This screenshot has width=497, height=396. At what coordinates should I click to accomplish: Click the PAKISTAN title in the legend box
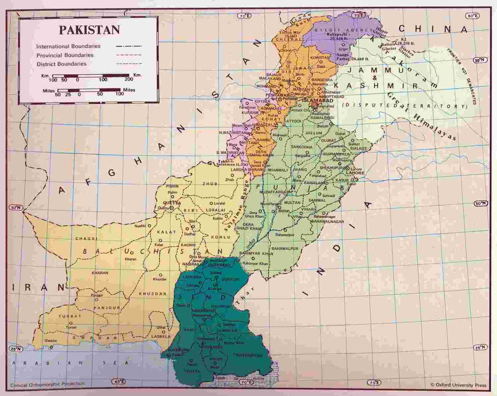pyautogui.click(x=89, y=30)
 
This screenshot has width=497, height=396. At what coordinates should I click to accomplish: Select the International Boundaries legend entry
pyautogui.click(x=68, y=46)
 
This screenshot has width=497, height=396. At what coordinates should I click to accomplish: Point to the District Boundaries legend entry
pyautogui.click(x=61, y=64)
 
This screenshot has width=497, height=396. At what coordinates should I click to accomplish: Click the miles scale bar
pyautogui.click(x=89, y=90)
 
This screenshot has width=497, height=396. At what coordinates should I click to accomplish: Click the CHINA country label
pyautogui.click(x=432, y=29)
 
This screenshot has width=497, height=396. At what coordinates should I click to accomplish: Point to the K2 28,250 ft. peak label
pyautogui.click(x=406, y=41)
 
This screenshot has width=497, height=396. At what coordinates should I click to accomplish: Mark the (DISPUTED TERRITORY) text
pyautogui.click(x=405, y=106)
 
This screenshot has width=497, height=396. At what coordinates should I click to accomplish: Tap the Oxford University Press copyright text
pyautogui.click(x=458, y=385)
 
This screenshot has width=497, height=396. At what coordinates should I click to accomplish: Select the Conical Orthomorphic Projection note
pyautogui.click(x=47, y=384)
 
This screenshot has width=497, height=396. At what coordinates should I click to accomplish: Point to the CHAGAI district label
pyautogui.click(x=86, y=239)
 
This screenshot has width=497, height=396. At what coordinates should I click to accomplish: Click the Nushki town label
pyautogui.click(x=140, y=226)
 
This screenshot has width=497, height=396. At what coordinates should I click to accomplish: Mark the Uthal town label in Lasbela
pyautogui.click(x=161, y=327)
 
